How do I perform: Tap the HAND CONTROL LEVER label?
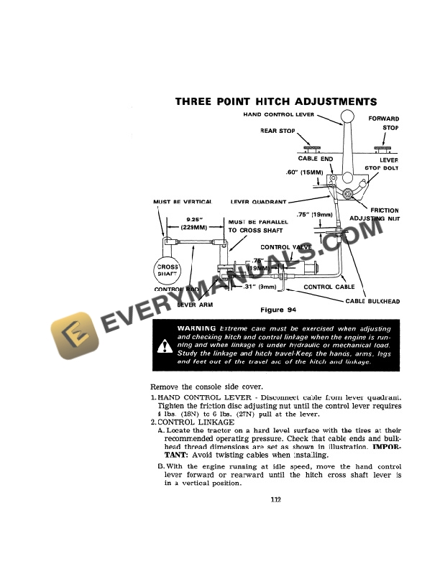point(278,115)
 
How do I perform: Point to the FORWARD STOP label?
point(384,123)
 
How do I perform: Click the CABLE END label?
point(316,159)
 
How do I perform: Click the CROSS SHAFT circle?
point(168,270)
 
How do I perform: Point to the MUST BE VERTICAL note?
point(182,202)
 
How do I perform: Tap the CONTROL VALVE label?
point(285,247)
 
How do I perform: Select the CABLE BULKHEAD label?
point(372,302)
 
